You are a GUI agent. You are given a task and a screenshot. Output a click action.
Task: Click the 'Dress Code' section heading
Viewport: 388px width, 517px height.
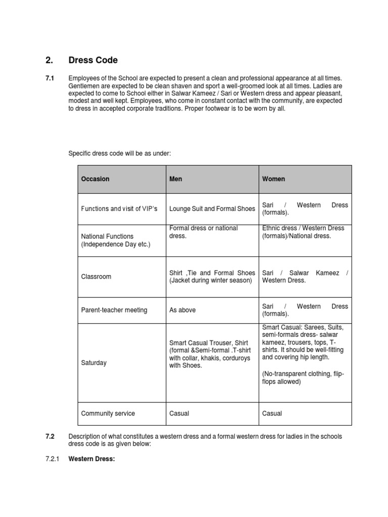point(93,60)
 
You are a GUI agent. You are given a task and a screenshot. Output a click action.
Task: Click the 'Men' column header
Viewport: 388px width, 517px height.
point(176,179)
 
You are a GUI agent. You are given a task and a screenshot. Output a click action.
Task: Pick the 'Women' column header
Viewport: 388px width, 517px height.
point(273,179)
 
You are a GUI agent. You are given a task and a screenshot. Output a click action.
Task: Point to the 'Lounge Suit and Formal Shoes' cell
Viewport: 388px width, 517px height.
point(212,209)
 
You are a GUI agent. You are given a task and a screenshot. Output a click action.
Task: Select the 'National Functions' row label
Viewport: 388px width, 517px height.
point(107,236)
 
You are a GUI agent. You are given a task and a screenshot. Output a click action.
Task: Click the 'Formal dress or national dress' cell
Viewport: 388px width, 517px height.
point(204,232)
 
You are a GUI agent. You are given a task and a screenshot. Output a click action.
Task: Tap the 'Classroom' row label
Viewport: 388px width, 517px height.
point(96,277)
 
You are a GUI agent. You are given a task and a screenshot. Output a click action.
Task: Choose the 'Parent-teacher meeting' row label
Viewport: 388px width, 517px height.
point(114,310)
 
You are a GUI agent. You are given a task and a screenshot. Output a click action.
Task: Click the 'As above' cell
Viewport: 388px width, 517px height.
point(182,310)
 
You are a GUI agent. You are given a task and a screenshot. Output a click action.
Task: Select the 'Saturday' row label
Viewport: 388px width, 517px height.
point(94,363)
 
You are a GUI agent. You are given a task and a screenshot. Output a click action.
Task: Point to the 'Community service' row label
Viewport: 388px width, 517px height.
point(108,413)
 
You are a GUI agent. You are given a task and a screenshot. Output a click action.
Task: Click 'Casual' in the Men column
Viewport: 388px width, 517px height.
point(179,413)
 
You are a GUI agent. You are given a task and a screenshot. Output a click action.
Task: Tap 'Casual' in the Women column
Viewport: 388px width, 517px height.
point(272,413)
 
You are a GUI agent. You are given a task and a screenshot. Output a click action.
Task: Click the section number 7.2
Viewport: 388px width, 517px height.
point(50,436)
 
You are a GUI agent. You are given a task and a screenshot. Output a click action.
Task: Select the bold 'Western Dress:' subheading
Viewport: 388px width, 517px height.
point(92,459)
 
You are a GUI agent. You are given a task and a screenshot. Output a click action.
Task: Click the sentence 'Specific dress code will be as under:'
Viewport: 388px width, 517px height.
point(120,153)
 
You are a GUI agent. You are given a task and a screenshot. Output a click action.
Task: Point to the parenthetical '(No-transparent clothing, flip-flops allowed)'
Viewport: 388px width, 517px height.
point(303,378)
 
